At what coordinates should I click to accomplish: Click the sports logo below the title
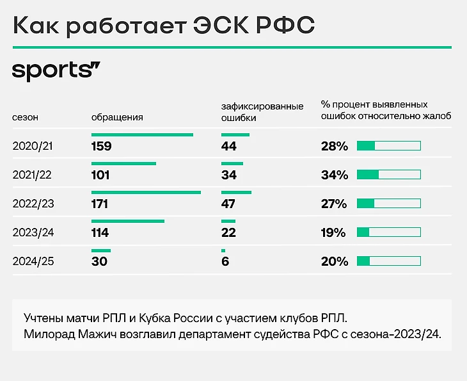[x=57, y=70]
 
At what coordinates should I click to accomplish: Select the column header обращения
[x=117, y=118]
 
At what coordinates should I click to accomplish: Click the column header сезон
[x=26, y=118]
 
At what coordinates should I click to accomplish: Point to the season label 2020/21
[x=33, y=146]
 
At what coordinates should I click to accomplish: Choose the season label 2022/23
[x=33, y=204]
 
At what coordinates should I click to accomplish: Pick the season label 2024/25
[x=33, y=261]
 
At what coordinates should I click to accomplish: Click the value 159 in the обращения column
[x=101, y=146]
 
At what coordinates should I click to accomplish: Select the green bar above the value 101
[x=123, y=163]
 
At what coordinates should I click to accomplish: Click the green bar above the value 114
[x=128, y=221]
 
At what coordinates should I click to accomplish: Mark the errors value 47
[x=229, y=204]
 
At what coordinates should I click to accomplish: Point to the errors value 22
[x=229, y=232]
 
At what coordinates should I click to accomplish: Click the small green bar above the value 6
[x=223, y=250]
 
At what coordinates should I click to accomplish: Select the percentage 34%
[x=334, y=175]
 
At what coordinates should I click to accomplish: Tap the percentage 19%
[x=333, y=232]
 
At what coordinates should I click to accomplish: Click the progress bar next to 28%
[x=388, y=146]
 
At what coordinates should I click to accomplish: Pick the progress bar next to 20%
[x=388, y=261]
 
